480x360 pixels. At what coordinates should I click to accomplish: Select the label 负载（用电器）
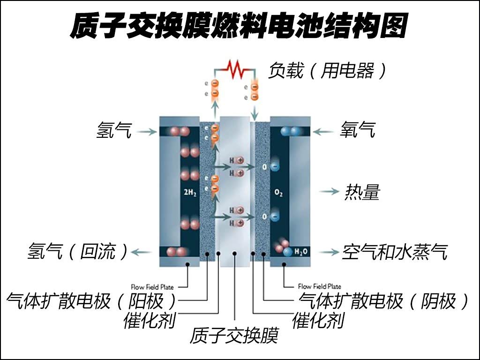point(328,71)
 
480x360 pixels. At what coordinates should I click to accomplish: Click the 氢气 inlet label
point(114,130)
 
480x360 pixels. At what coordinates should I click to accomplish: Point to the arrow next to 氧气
point(323,132)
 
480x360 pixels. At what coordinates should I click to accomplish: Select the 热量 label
point(362,192)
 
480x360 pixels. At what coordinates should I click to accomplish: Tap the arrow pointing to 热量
point(329,191)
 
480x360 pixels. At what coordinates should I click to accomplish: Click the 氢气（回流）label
point(77,252)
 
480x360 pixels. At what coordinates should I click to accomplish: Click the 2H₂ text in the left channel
point(190,192)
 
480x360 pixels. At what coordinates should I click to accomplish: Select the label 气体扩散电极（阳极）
point(92,300)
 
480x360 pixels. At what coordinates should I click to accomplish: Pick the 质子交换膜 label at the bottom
point(234,335)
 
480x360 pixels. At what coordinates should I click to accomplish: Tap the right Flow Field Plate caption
point(319,286)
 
